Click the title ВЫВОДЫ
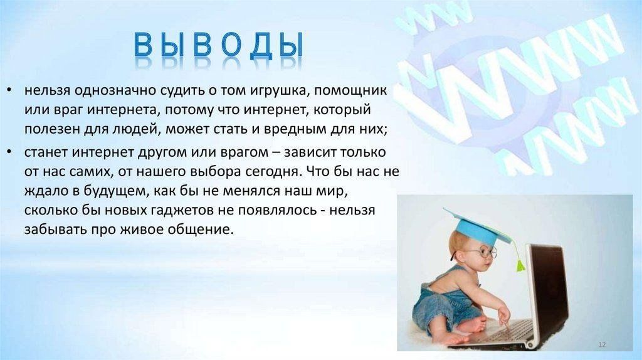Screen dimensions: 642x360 tap(219, 45)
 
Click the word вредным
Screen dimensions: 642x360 tap(295, 129)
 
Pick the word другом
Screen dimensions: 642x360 tap(159, 153)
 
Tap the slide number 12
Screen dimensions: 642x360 tap(602, 345)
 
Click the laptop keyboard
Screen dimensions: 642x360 tap(512, 330)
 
